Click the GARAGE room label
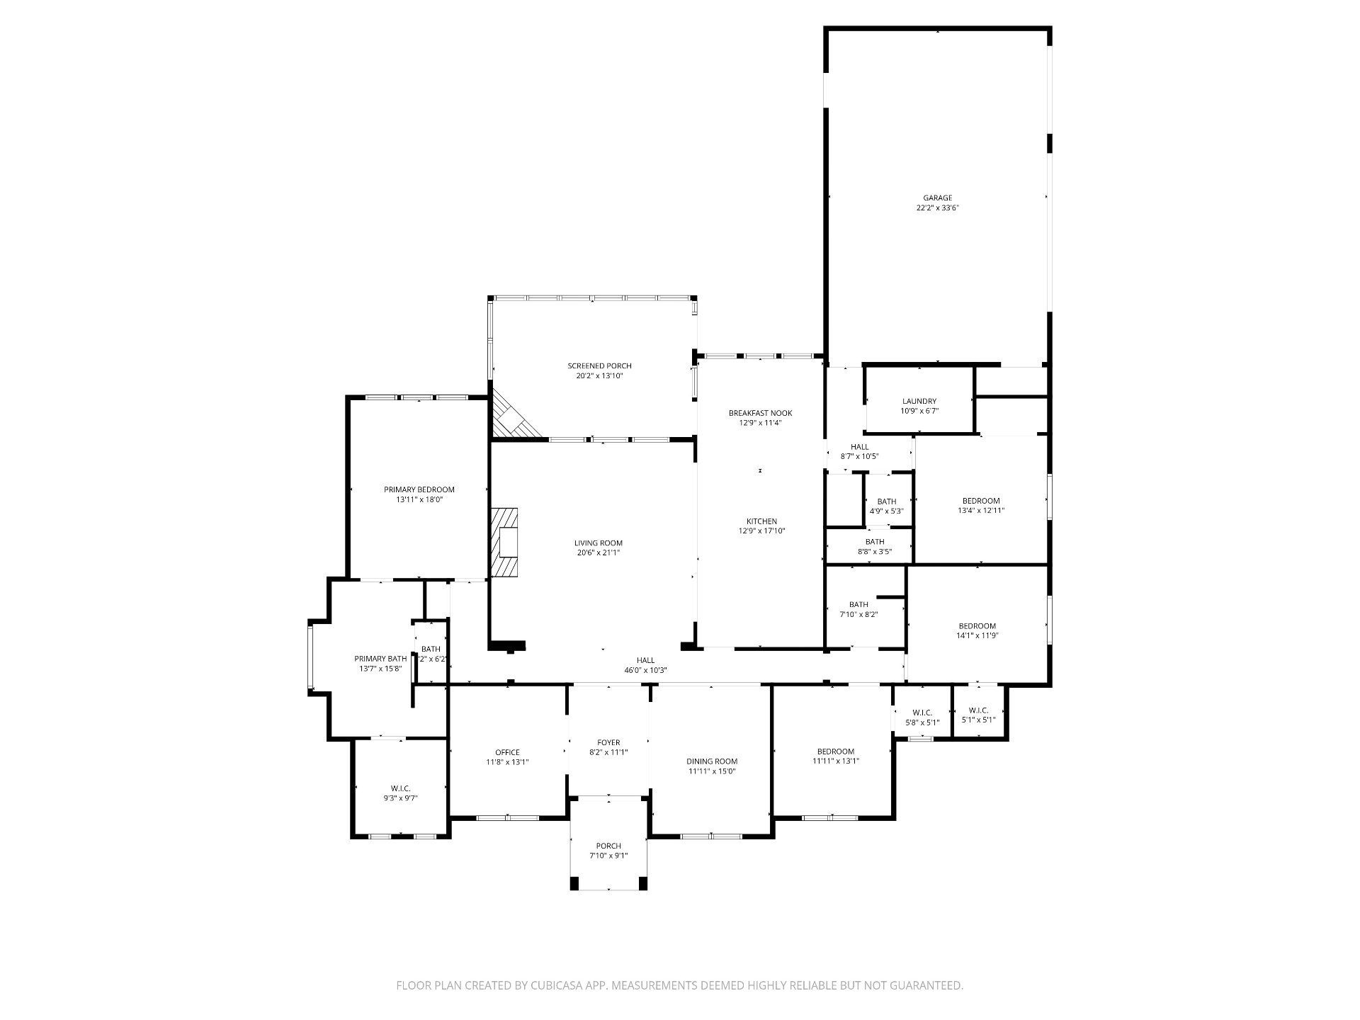point(937,198)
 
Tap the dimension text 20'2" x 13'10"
point(599,376)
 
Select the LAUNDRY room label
point(919,401)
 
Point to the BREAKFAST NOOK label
point(760,413)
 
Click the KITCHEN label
point(761,521)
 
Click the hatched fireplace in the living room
point(504,543)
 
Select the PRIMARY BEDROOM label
point(419,489)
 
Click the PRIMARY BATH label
point(380,659)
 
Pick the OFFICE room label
point(507,752)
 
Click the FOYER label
point(608,742)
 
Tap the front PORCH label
point(608,846)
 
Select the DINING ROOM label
point(712,761)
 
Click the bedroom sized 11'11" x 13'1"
point(836,752)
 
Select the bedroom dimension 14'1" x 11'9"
point(977,636)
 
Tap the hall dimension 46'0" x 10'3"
point(645,670)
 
